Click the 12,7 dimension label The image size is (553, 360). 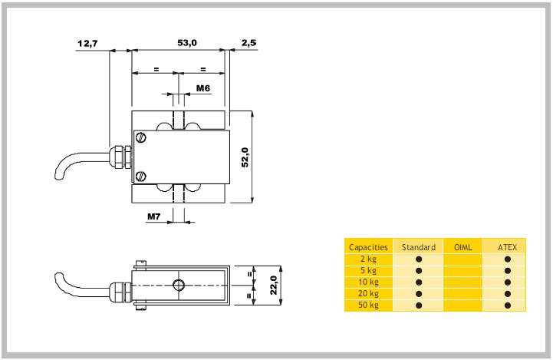click(87, 44)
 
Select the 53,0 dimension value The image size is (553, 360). click(187, 44)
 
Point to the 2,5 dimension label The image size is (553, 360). click(248, 44)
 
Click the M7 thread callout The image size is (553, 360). click(154, 216)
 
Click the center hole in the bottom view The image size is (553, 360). click(179, 286)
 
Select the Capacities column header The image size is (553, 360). click(368, 247)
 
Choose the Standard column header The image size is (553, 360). click(419, 247)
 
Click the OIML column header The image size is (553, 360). click(462, 247)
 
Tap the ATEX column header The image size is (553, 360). click(507, 247)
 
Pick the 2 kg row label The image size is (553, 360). click(368, 259)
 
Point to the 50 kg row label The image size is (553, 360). click(368, 306)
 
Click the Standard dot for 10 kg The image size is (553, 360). click(419, 282)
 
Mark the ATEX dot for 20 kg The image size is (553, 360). click(508, 294)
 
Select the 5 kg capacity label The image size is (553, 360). click(368, 271)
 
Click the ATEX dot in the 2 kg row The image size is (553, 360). click(508, 259)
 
